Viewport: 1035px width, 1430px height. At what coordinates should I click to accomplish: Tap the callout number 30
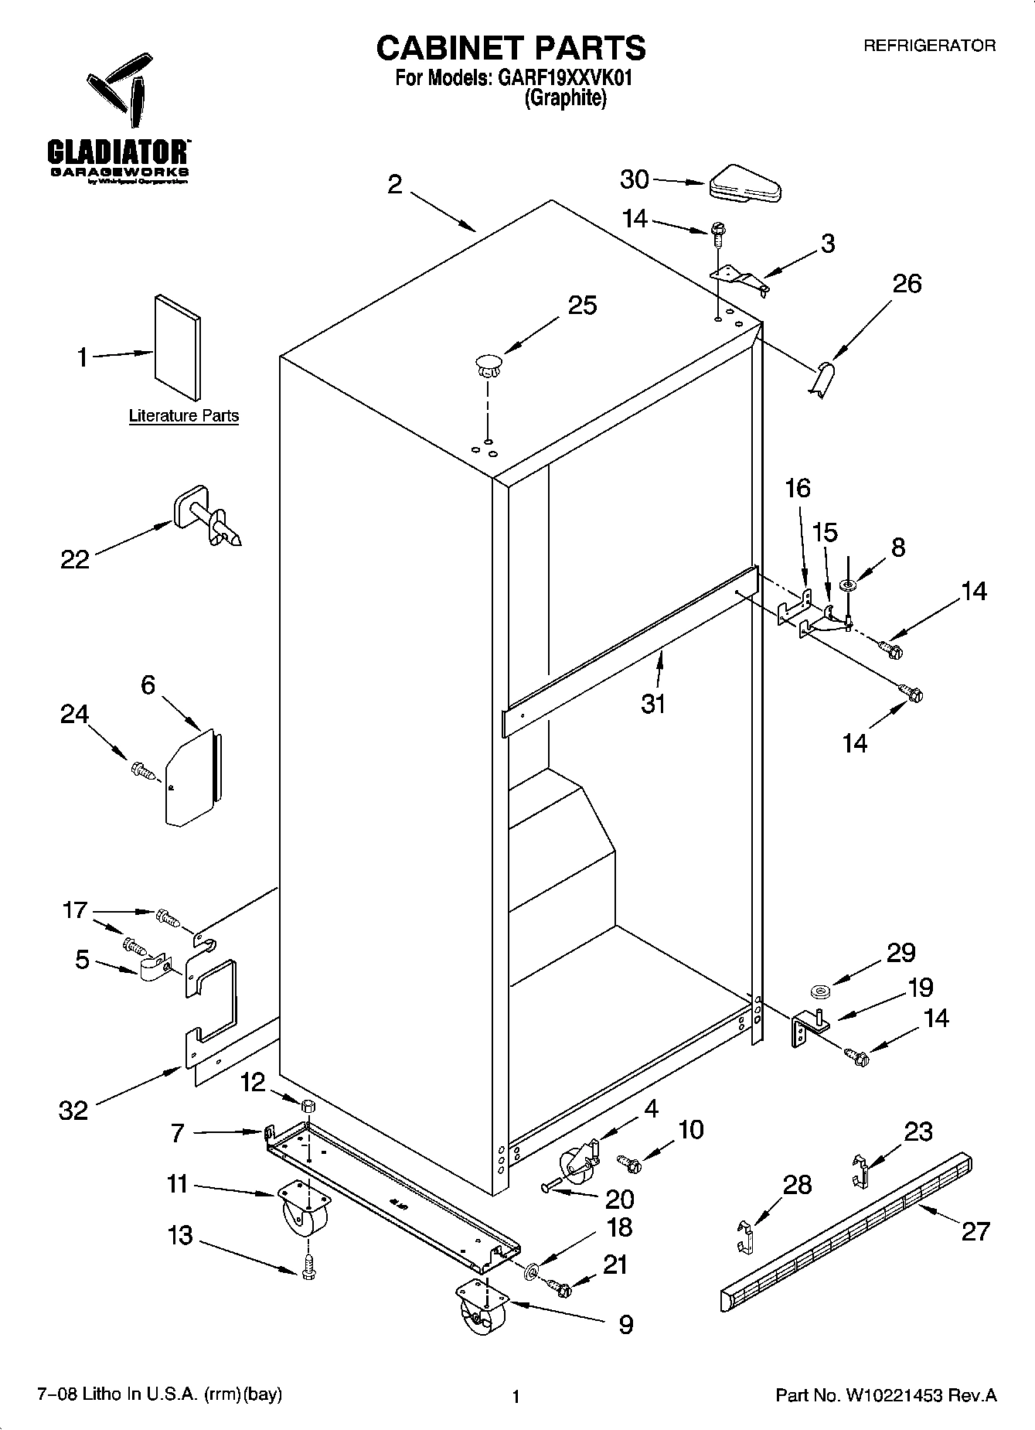tap(635, 179)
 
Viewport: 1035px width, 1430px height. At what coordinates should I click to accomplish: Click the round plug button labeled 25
tap(487, 364)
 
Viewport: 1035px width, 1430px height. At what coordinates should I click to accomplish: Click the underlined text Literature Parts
tap(183, 416)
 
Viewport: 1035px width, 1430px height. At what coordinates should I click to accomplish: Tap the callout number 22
tap(75, 559)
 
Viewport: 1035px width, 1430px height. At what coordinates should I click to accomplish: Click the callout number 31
tap(653, 705)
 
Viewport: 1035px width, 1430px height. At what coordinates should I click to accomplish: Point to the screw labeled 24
tap(144, 770)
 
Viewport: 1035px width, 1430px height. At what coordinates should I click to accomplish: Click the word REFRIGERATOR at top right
tap(929, 46)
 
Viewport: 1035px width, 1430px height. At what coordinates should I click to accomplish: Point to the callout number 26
tap(907, 284)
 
